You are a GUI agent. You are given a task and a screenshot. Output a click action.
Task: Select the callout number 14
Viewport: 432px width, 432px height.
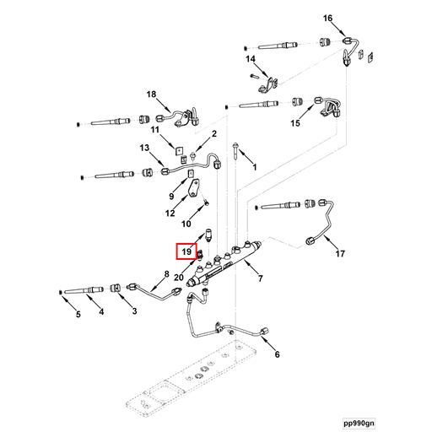pyautogui.click(x=251, y=59)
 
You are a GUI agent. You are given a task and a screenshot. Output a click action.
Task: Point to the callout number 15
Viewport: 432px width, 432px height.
pyautogui.click(x=295, y=124)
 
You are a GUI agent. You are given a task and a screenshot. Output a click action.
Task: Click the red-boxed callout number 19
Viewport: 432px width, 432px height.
pyautogui.click(x=185, y=251)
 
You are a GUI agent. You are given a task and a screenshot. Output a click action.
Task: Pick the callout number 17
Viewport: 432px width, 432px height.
pyautogui.click(x=341, y=253)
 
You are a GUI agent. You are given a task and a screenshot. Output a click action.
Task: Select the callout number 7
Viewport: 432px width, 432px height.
pyautogui.click(x=261, y=278)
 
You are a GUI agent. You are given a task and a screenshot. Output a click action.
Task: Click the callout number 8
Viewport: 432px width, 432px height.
pyautogui.click(x=167, y=275)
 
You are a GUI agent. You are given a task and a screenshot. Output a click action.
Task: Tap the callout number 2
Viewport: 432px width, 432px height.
pyautogui.click(x=214, y=134)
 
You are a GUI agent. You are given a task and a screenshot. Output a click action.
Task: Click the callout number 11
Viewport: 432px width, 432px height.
pyautogui.click(x=155, y=130)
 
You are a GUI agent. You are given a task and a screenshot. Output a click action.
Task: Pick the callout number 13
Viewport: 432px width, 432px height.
pyautogui.click(x=144, y=148)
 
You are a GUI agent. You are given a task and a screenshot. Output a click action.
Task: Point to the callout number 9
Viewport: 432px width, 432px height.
pyautogui.click(x=170, y=196)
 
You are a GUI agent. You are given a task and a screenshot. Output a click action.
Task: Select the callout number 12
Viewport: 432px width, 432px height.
pyautogui.click(x=170, y=213)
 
